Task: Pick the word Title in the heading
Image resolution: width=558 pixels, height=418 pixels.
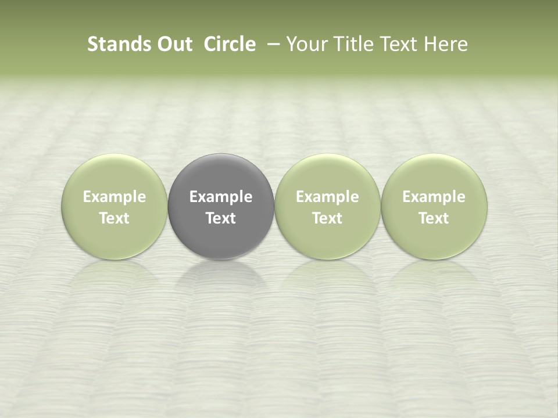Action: tap(350, 44)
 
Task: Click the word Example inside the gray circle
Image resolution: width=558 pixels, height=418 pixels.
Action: tap(221, 197)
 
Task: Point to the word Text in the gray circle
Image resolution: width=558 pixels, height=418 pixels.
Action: tap(221, 218)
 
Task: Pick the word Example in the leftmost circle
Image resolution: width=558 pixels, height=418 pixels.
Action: tap(114, 197)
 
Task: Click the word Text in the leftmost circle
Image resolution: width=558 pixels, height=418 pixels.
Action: tap(114, 218)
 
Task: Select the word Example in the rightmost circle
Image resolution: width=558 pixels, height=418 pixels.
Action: tap(434, 197)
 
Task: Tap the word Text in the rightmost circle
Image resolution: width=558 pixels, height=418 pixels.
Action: tap(434, 218)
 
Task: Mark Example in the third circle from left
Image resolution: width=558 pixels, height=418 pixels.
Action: tap(327, 197)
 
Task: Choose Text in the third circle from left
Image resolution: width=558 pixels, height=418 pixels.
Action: tap(327, 218)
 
